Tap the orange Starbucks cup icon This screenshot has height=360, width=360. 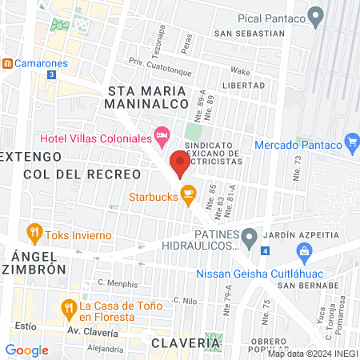tap(188, 193)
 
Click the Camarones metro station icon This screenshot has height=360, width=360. tap(7, 63)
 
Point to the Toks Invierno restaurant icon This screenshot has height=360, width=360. tap(34, 233)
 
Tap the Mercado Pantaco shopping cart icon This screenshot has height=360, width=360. tap(351, 143)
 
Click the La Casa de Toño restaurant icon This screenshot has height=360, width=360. tap(70, 306)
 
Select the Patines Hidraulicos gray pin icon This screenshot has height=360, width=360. tap(250, 236)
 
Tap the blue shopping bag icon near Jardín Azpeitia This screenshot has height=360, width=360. tap(303, 253)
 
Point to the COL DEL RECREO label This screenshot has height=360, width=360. tap(82, 174)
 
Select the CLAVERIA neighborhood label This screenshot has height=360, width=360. tap(185, 342)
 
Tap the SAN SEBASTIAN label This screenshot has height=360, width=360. tap(248, 34)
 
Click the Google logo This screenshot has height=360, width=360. tap(27, 350)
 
